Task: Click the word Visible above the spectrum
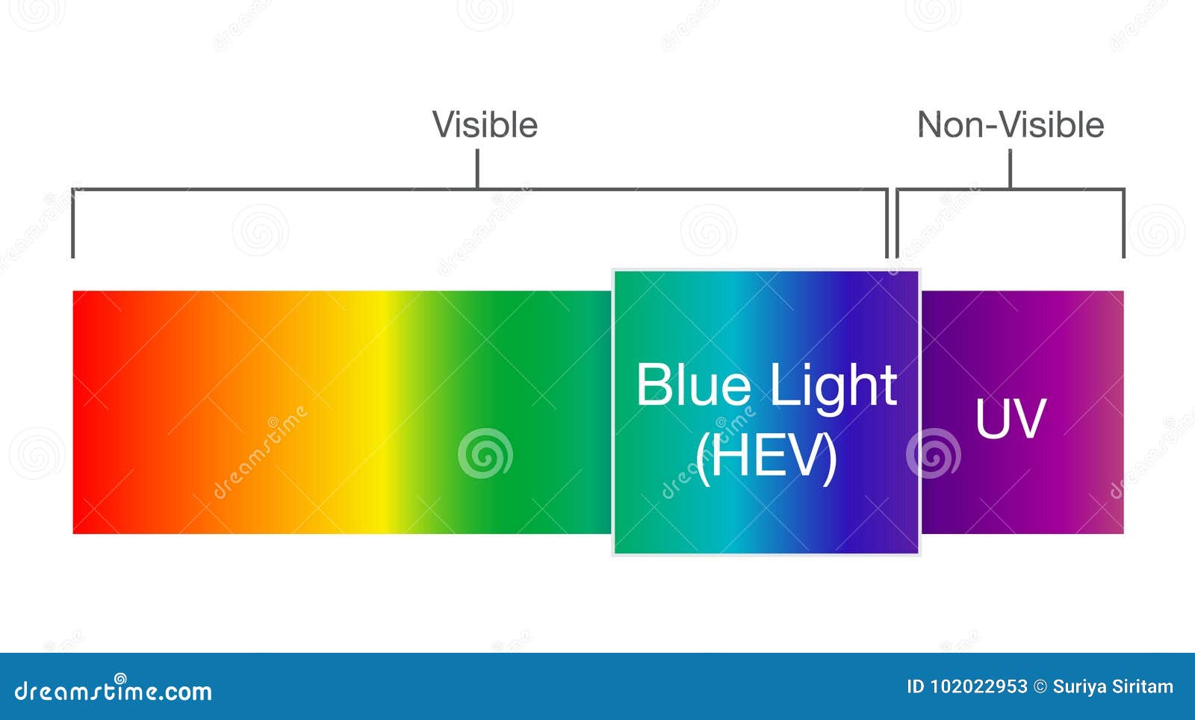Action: point(485,125)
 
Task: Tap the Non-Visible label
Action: point(1011,125)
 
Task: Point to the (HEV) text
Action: point(766,457)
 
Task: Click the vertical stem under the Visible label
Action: point(477,169)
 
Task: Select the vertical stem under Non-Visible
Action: point(1010,169)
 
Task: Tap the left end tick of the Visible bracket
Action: point(72,224)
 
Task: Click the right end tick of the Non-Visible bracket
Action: point(1123,224)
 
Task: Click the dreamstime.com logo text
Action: point(114,692)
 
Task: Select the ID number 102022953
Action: point(978,686)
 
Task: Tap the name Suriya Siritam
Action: point(1113,686)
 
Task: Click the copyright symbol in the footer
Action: point(1040,686)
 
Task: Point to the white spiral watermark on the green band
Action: point(485,453)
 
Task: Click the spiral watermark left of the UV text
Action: point(933,453)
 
